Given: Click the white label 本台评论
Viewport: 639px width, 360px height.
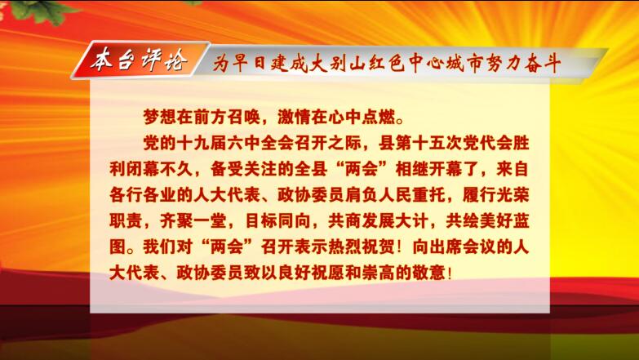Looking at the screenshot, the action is [139, 60].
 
